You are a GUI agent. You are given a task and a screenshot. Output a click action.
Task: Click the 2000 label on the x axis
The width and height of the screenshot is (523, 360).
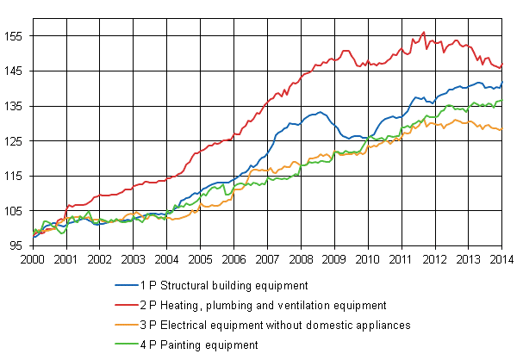pyautogui.click(x=33, y=258)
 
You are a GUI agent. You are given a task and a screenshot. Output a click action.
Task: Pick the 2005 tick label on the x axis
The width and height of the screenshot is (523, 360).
pyautogui.click(x=200, y=258)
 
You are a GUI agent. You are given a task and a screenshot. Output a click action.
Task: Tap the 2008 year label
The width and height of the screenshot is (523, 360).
pyautogui.click(x=301, y=258)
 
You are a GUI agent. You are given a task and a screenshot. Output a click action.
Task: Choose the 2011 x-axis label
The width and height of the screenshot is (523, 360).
pyautogui.click(x=402, y=258)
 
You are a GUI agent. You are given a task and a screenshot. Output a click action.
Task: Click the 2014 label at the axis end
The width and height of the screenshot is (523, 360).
pyautogui.click(x=502, y=258)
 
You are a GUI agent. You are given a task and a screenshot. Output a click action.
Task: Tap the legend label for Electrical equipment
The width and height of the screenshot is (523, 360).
pyautogui.click(x=267, y=325)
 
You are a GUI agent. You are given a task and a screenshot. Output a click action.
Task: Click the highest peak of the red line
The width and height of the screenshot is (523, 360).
pyautogui.click(x=423, y=32)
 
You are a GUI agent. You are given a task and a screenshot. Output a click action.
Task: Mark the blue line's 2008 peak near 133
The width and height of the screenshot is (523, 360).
pyautogui.click(x=320, y=112)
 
